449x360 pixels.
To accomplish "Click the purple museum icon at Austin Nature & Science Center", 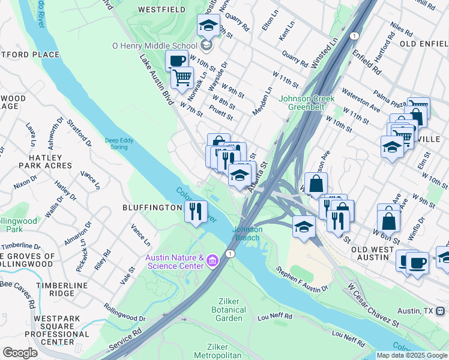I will pos(212,262).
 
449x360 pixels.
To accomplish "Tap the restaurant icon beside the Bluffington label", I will pos(196,211).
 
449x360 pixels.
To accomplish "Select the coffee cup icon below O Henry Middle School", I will pos(178,61).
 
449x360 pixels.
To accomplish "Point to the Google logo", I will pos(20,352).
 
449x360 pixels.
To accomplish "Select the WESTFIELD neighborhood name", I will pos(160,10).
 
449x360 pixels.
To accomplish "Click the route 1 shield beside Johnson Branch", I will pos(230,254).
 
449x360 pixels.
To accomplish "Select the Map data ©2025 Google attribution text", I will pos(412,355).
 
